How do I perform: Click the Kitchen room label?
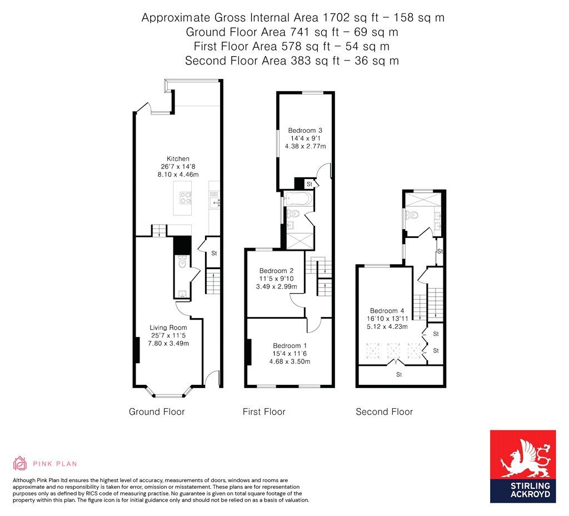178,158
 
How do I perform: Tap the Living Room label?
168,328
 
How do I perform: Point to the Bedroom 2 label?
276,271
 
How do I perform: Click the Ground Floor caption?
157,412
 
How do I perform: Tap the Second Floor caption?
384,412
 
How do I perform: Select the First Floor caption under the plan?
264,412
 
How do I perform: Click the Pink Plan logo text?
54,464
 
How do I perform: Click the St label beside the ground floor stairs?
213,253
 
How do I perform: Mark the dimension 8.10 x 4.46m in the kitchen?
178,174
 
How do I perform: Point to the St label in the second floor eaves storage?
399,375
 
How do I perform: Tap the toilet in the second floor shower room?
412,215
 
